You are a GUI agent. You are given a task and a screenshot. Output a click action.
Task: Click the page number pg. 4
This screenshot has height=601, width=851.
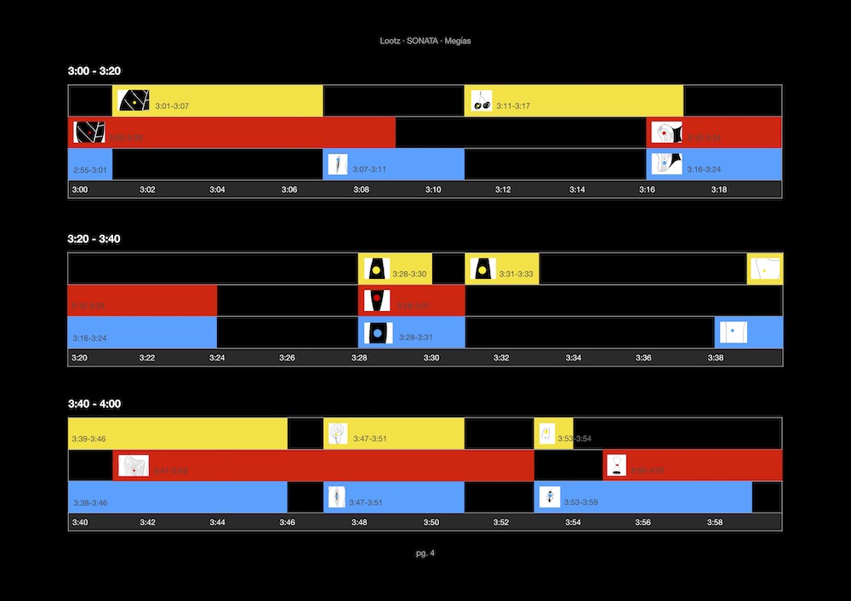point(425,553)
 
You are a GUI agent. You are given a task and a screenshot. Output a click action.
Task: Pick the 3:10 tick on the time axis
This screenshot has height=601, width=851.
point(432,190)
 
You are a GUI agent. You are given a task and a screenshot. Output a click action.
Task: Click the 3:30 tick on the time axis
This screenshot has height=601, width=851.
point(431,358)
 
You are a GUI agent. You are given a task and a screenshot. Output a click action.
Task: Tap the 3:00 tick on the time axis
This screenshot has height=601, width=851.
point(79,190)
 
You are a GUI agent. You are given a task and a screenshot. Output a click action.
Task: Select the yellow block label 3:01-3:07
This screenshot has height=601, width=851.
point(172,106)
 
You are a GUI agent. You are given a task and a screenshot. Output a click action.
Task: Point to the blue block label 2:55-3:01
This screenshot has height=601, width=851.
point(90,170)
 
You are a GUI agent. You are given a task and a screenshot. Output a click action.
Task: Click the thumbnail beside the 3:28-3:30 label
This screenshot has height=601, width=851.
point(376,269)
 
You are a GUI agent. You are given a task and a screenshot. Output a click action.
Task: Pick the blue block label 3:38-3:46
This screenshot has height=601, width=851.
point(89,502)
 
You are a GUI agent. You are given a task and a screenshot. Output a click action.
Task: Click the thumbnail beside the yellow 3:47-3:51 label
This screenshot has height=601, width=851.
point(338,434)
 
